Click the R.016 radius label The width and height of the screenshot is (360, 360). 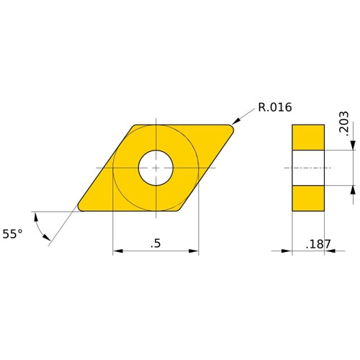(274, 109)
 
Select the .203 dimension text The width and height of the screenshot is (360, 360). (343, 125)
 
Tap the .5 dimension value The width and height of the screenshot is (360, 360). (155, 243)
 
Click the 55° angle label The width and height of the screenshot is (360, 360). (12, 233)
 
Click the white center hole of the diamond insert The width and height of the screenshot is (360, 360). (156, 168)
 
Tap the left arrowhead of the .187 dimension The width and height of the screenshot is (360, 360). (287, 251)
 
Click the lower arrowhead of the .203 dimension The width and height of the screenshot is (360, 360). (353, 189)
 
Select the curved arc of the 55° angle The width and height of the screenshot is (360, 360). (42, 229)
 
